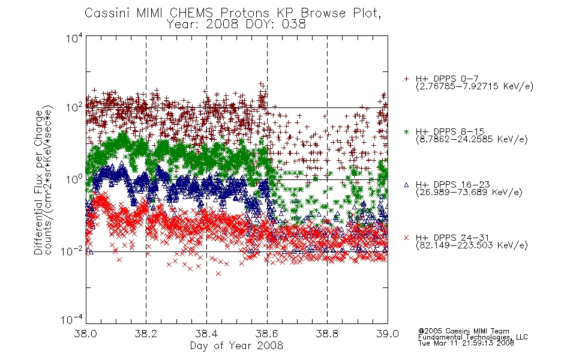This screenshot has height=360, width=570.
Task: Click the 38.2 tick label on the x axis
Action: [x=146, y=334]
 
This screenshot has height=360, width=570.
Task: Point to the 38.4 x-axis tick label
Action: [x=206, y=334]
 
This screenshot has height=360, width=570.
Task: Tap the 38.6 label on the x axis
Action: [x=267, y=334]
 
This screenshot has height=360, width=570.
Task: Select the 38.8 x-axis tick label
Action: [x=327, y=334]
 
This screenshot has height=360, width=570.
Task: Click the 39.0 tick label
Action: [x=388, y=334]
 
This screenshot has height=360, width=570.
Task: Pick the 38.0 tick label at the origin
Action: [x=85, y=334]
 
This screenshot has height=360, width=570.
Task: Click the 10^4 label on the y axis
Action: [x=74, y=38]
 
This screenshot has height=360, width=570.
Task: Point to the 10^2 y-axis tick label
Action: [x=74, y=107]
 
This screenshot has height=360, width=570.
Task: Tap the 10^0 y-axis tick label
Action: [x=74, y=179]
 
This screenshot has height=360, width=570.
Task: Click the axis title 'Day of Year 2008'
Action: [x=236, y=346]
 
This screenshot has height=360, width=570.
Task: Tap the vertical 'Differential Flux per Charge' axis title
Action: [x=38, y=182]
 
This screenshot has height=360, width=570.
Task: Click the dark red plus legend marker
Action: [x=406, y=79]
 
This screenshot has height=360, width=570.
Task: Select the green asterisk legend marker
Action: [x=406, y=131]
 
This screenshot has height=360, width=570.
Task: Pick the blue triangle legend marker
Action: [x=406, y=185]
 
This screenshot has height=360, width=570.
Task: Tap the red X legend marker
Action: [x=406, y=238]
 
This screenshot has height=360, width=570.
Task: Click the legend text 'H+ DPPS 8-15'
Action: [x=450, y=131]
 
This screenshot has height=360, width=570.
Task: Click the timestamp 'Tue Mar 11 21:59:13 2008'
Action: [x=466, y=343]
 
